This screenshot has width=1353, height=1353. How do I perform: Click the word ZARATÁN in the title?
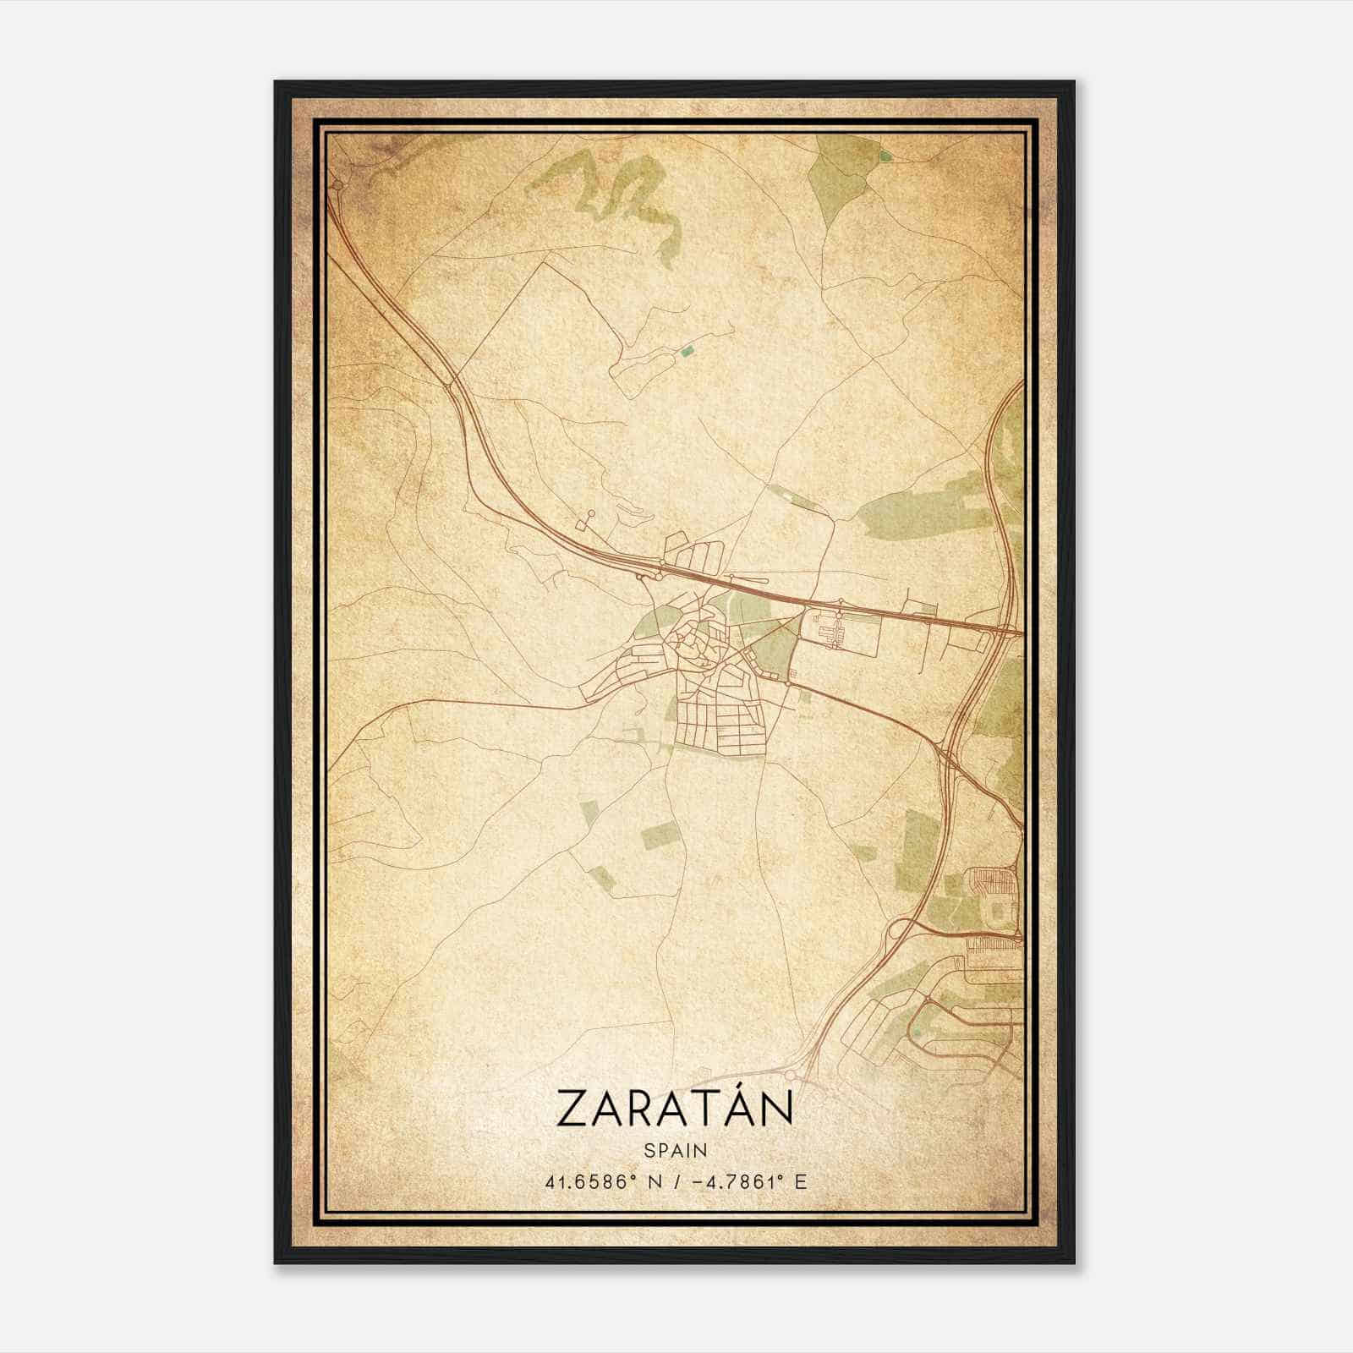click(675, 1109)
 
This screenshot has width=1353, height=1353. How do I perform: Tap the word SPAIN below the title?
click(675, 1150)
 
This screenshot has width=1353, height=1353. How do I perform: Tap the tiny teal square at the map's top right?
click(885, 156)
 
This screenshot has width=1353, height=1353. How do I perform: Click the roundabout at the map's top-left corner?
click(337, 183)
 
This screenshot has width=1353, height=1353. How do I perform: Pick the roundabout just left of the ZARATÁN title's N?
click(792, 1074)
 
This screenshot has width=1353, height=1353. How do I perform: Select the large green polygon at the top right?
click(837, 178)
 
